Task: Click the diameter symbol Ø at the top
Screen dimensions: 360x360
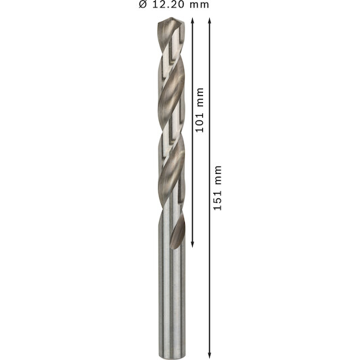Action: point(143,5)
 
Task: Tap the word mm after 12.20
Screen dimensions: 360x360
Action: point(200,5)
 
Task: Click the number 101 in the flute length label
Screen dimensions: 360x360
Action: point(200,122)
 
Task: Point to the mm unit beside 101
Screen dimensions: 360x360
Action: point(200,97)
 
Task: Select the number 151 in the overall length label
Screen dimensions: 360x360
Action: point(218,200)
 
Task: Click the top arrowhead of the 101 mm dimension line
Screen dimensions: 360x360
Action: point(192,21)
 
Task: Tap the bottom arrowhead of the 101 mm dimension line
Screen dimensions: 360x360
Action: point(192,245)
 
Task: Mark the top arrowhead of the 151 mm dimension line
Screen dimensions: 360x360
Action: point(209,21)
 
